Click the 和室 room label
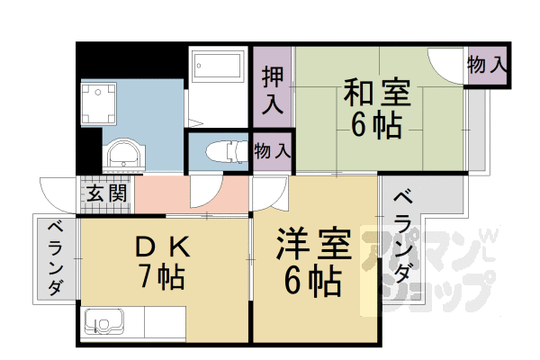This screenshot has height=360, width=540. pos(376,94)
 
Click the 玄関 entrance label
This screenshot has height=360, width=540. pos(107,193)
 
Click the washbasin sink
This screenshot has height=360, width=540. pos(122,154)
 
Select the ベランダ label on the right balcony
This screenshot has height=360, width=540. pos(401,235)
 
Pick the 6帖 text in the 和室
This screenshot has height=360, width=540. pos(375,126)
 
